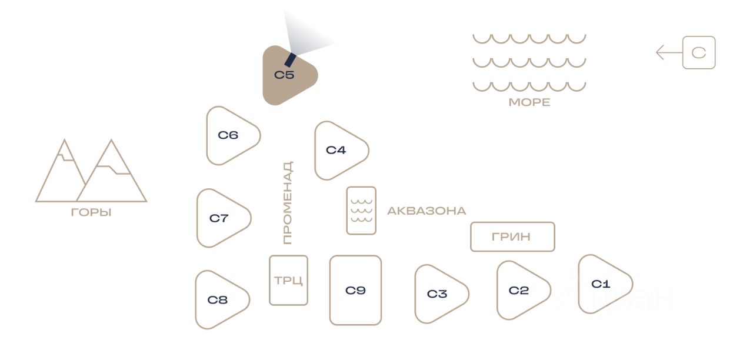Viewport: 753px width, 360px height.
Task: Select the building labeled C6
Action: pyautogui.click(x=230, y=136)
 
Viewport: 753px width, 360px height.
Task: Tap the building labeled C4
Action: pyautogui.click(x=338, y=151)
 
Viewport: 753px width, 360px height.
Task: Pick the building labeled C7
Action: pyautogui.click(x=221, y=218)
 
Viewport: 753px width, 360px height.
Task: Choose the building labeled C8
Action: pyautogui.click(x=219, y=300)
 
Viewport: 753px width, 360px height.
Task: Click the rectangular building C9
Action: pyautogui.click(x=355, y=290)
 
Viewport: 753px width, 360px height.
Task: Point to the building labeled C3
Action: pyautogui.click(x=438, y=294)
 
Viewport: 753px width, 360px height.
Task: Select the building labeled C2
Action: pyautogui.click(x=520, y=291)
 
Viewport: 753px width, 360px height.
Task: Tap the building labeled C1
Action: pyautogui.click(x=602, y=284)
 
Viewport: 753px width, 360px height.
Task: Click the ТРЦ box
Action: pyautogui.click(x=288, y=280)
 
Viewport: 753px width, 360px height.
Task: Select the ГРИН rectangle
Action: pyautogui.click(x=512, y=236)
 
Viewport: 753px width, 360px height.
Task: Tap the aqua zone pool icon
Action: pyautogui.click(x=361, y=211)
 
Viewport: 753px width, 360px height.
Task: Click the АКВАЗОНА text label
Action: pyautogui.click(x=427, y=211)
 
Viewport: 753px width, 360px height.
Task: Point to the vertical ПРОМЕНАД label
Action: pyautogui.click(x=287, y=203)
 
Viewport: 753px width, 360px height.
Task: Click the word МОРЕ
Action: pyautogui.click(x=529, y=102)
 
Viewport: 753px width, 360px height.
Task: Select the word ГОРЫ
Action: pyautogui.click(x=91, y=212)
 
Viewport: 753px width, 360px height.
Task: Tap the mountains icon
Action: pyautogui.click(x=91, y=172)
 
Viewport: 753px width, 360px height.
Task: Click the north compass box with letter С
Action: pyautogui.click(x=699, y=53)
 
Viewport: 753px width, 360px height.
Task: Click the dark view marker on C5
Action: pyautogui.click(x=290, y=59)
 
